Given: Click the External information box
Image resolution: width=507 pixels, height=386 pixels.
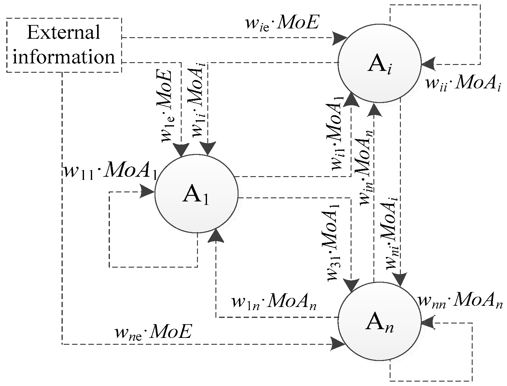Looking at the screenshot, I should coord(64,45).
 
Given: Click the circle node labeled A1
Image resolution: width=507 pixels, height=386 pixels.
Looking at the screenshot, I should coord(196,194).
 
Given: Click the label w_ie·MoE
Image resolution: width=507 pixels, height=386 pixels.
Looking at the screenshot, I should coord(282,24).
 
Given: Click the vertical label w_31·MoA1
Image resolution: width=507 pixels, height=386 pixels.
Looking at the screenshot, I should coord(334,242).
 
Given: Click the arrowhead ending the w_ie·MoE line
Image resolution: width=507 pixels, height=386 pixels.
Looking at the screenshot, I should coord(339,38).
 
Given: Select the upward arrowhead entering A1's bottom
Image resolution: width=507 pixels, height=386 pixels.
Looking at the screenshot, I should coord(216,235).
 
